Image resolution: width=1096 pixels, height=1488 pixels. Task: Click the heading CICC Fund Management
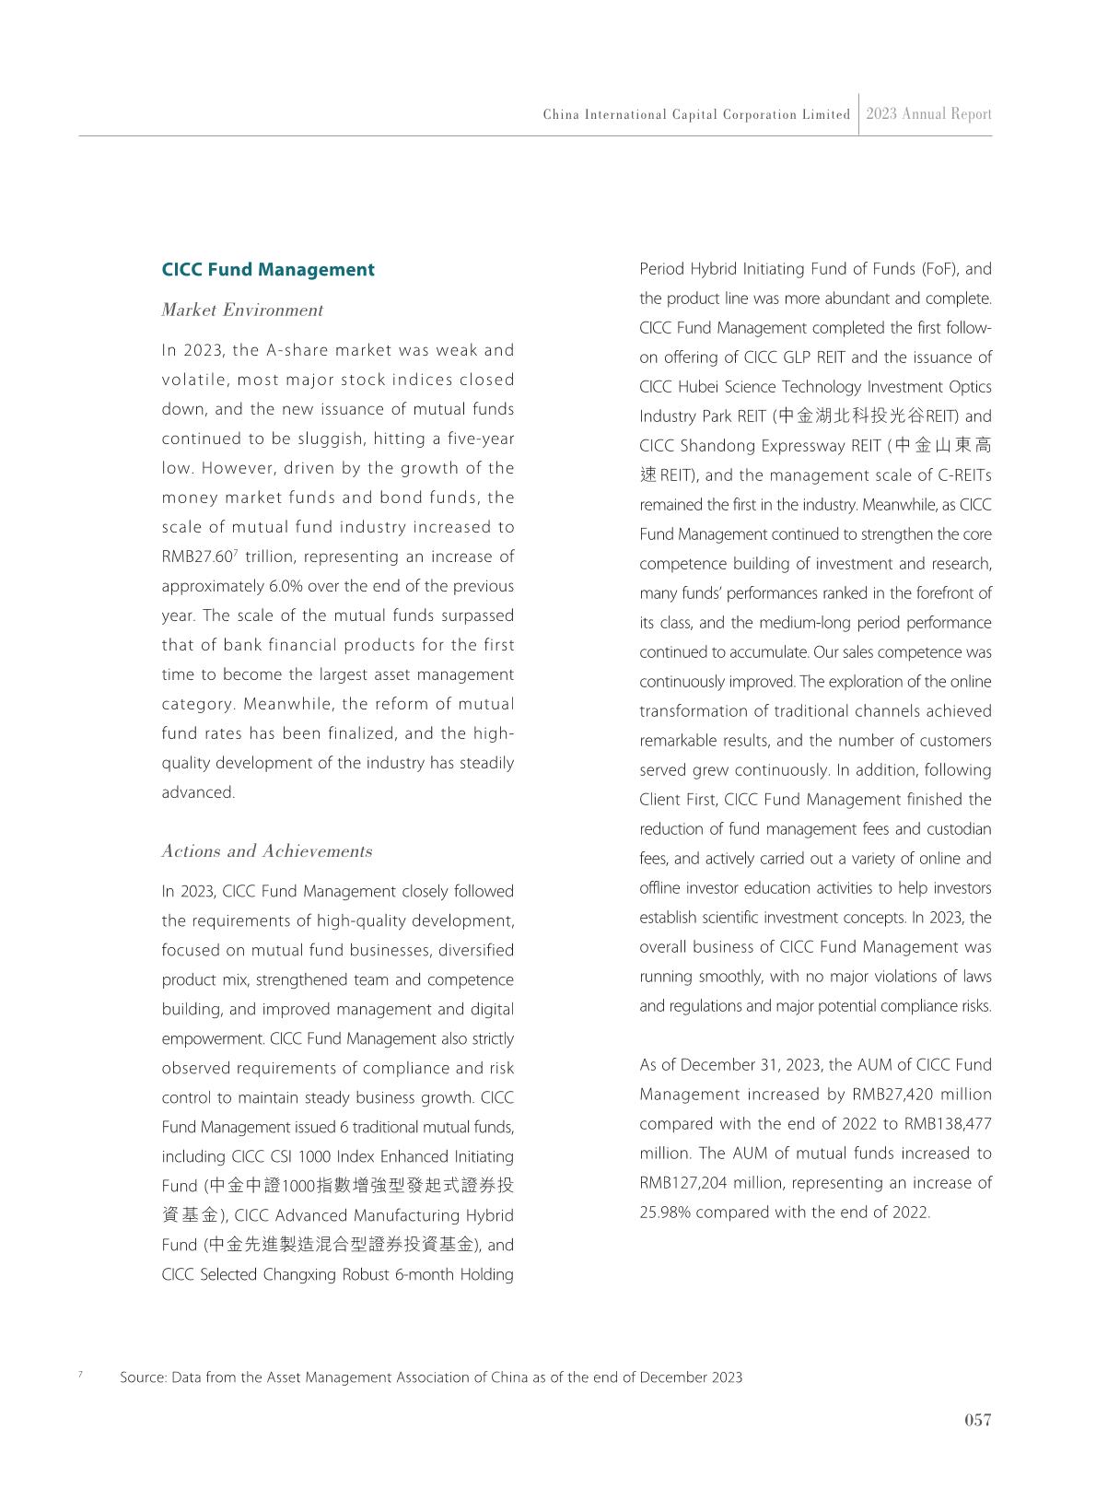pyautogui.click(x=268, y=270)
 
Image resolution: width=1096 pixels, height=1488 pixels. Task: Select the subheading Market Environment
pyautogui.click(x=242, y=310)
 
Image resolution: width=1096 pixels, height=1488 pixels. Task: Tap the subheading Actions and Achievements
pyautogui.click(x=267, y=851)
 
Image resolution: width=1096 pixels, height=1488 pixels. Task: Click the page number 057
pyautogui.click(x=977, y=1420)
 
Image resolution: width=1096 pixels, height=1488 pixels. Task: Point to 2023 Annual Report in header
pyautogui.click(x=928, y=114)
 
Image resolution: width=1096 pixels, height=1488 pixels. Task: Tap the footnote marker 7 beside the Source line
pyautogui.click(x=80, y=1375)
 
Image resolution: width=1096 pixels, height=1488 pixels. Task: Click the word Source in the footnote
pyautogui.click(x=142, y=1378)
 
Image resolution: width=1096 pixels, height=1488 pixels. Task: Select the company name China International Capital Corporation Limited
pyautogui.click(x=696, y=115)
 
